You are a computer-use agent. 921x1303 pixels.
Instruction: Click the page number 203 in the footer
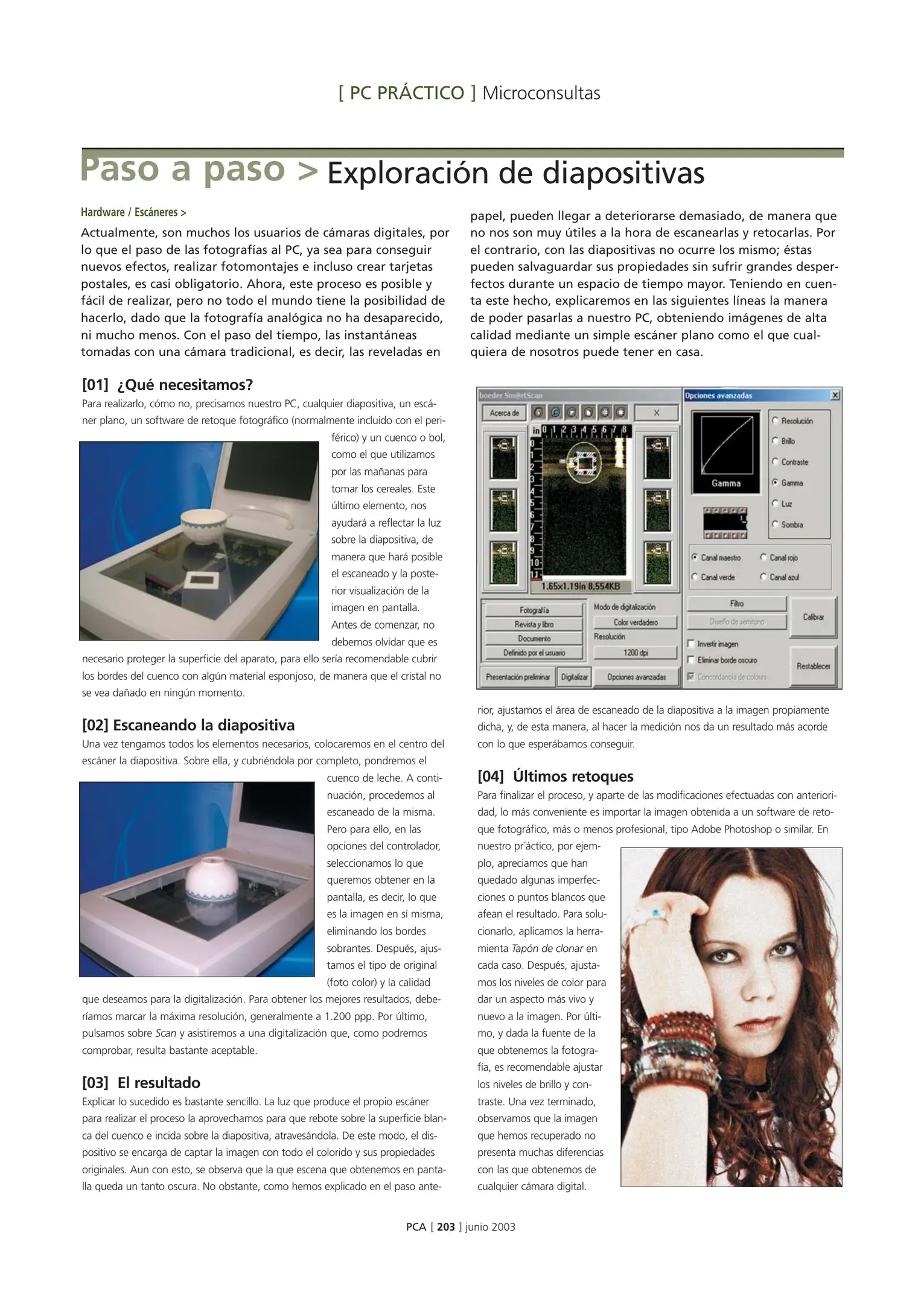(445, 1226)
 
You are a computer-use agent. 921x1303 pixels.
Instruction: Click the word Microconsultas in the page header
(541, 94)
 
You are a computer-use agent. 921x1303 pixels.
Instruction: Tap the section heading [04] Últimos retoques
(555, 776)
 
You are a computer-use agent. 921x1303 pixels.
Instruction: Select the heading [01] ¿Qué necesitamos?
(167, 384)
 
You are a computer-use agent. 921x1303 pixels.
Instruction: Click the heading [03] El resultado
(141, 1082)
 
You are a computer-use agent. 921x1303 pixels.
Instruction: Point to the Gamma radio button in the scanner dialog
(774, 483)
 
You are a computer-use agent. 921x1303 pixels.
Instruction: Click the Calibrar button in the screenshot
(813, 617)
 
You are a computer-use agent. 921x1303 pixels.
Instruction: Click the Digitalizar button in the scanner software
(574, 677)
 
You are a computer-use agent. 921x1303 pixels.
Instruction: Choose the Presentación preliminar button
(517, 677)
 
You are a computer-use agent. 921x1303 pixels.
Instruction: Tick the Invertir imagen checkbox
(692, 644)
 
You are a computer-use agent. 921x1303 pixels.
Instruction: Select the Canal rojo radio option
(763, 557)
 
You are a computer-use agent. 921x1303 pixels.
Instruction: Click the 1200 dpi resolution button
(635, 652)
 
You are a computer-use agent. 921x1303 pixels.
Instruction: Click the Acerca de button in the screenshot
(504, 413)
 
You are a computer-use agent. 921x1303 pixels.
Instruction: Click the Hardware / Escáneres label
(133, 212)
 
